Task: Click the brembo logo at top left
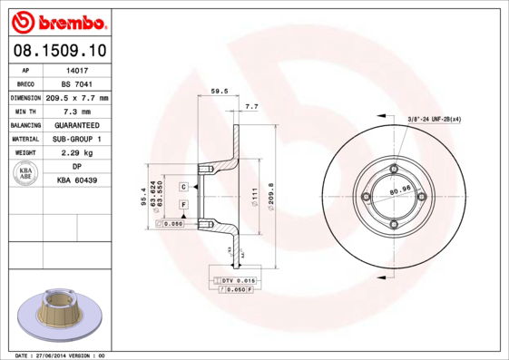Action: (59, 20)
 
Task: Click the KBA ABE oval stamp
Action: (26, 174)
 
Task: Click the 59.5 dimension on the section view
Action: (218, 91)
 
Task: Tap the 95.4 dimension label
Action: (142, 194)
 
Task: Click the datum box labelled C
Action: (183, 186)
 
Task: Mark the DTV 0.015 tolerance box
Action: (239, 282)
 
